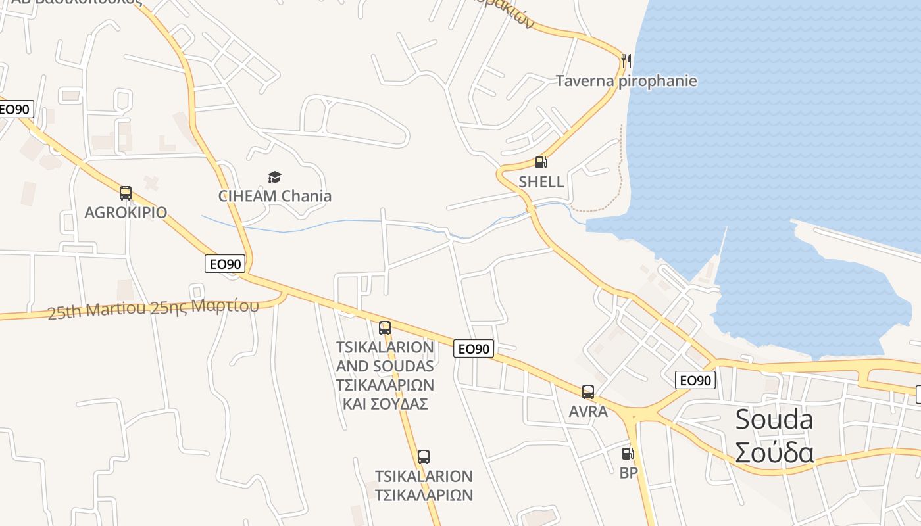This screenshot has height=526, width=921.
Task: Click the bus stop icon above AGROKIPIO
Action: (126, 193)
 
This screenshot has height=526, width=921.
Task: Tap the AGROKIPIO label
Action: (126, 212)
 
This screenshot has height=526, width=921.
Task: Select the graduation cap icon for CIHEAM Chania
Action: (274, 177)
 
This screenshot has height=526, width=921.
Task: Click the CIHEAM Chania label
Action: (275, 196)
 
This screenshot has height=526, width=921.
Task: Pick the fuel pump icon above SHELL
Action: (541, 162)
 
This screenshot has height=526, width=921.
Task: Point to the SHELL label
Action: (541, 182)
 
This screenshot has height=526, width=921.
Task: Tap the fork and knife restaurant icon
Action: (626, 61)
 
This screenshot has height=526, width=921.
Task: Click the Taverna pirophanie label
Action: (626, 81)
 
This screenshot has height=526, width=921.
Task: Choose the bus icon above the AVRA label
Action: (588, 392)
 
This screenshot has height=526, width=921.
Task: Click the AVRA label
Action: (588, 412)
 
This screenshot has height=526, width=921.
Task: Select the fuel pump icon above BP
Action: (628, 453)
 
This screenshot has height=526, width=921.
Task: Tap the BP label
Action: (629, 472)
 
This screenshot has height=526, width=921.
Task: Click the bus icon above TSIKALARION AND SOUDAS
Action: (385, 327)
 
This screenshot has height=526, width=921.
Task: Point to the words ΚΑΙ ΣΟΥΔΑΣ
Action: (386, 404)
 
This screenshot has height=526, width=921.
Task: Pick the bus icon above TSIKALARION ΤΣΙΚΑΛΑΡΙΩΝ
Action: (424, 456)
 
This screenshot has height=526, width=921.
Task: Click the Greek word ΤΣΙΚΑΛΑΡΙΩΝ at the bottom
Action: (424, 494)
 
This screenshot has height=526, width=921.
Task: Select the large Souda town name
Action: (774, 419)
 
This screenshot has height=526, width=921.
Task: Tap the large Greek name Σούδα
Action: (774, 452)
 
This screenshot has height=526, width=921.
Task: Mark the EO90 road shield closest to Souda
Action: (695, 380)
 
